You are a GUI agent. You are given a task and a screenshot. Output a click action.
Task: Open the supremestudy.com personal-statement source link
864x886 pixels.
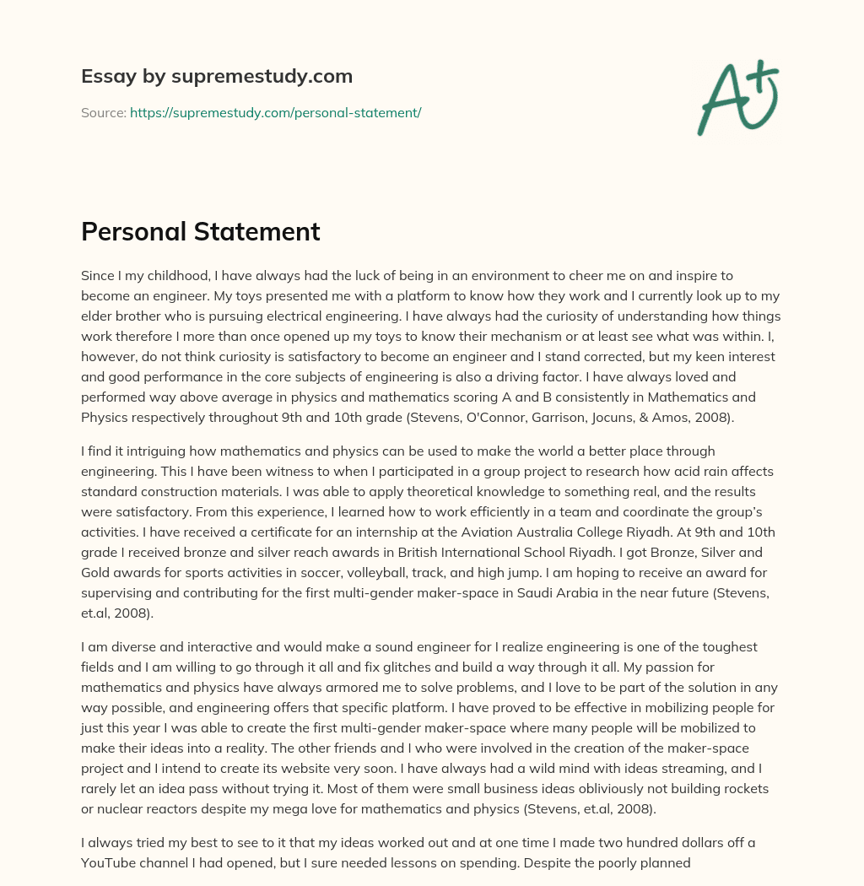point(275,112)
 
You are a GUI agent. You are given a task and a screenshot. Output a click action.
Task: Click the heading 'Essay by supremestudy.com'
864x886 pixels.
point(217,77)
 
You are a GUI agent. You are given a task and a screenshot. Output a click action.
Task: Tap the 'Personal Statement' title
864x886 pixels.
point(200,231)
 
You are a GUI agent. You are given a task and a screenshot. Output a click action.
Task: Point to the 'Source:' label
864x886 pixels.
point(104,112)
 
